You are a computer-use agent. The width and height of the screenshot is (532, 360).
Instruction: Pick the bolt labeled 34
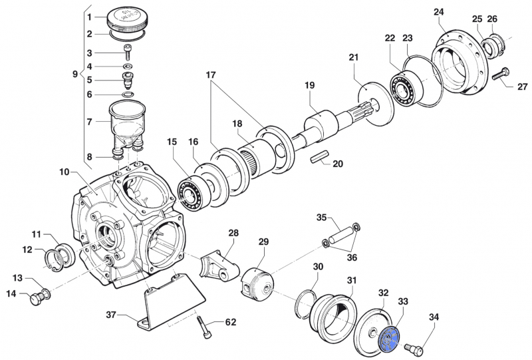[x=412, y=347]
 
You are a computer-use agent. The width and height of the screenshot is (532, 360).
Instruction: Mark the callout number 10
[x=64, y=172]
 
